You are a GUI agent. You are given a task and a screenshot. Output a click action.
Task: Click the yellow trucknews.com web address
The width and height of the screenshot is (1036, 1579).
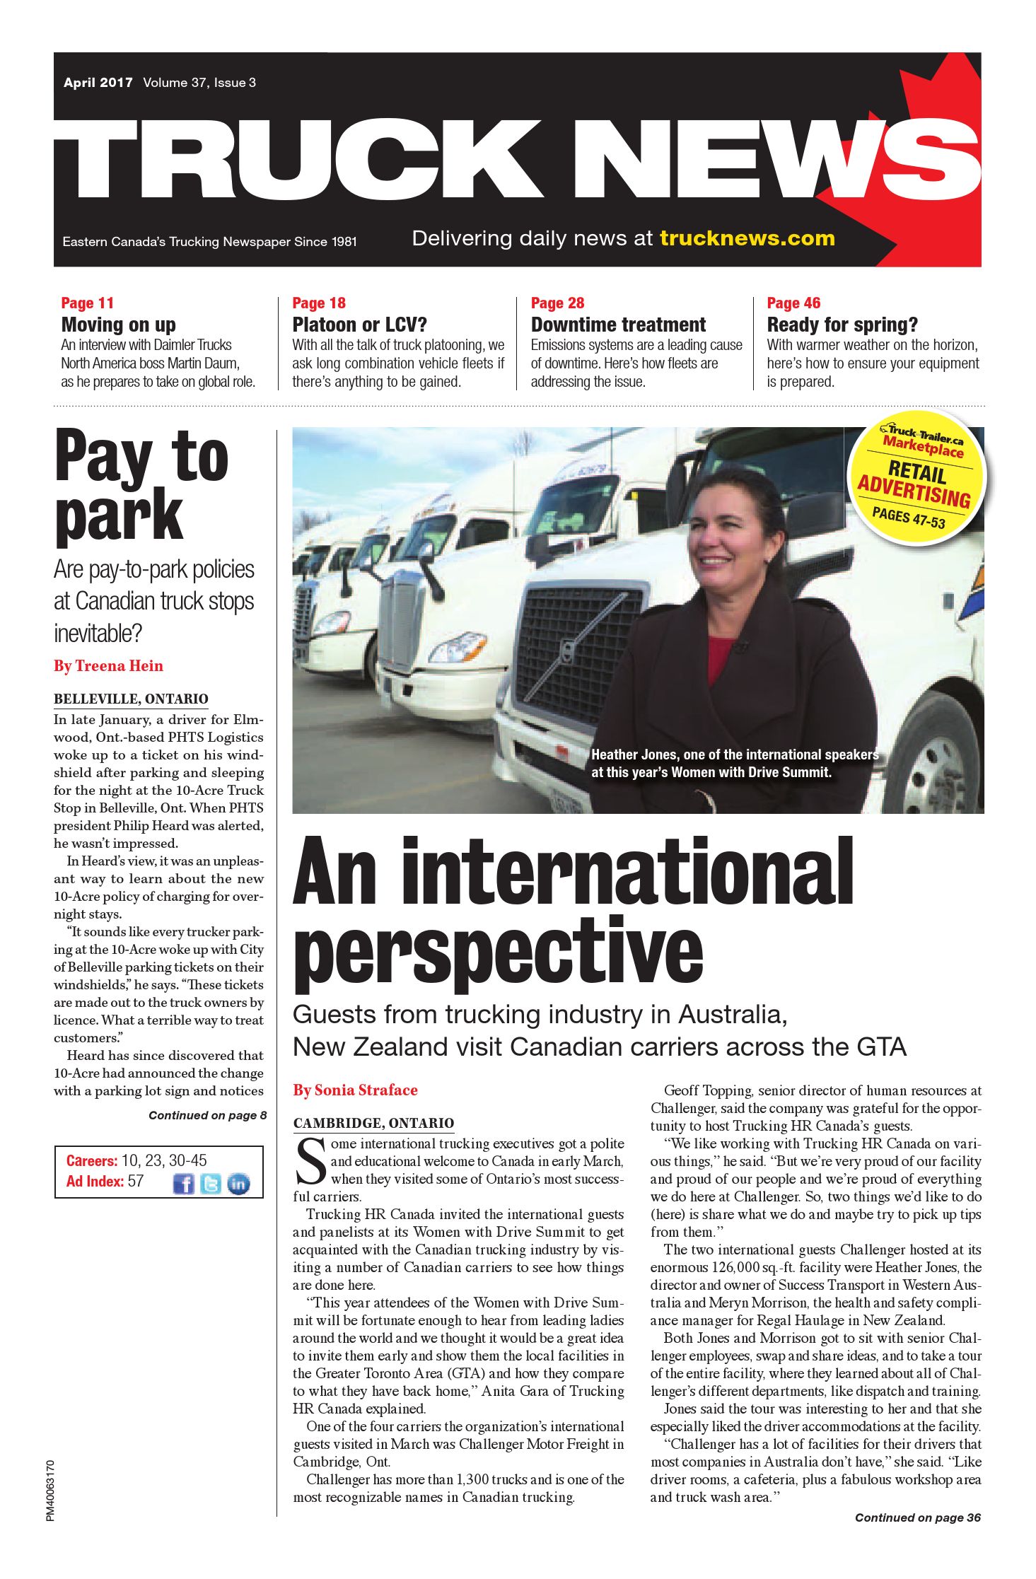(x=747, y=238)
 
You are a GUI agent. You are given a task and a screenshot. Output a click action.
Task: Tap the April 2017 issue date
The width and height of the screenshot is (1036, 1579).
(x=98, y=83)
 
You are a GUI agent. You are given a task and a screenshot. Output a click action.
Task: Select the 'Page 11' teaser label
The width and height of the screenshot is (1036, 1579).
(x=88, y=303)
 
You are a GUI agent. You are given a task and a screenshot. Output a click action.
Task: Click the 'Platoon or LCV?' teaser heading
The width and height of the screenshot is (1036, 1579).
(x=360, y=325)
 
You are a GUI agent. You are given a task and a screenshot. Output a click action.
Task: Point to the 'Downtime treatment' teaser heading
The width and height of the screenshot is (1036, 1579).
(x=618, y=325)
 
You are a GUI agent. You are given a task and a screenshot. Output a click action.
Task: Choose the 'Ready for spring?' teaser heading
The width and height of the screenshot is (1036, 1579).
(x=842, y=325)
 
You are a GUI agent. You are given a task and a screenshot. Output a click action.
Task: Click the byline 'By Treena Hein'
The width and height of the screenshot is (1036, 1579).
(x=108, y=665)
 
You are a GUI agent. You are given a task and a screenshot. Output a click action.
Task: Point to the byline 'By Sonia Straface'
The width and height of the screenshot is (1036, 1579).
(x=355, y=1090)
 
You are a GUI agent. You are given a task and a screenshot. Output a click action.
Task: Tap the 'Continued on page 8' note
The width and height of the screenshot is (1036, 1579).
(x=207, y=1115)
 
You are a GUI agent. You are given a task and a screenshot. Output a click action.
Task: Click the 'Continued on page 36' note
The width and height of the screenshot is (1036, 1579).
(x=917, y=1517)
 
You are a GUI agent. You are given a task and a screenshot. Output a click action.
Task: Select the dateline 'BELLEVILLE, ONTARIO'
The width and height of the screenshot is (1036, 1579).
(x=131, y=699)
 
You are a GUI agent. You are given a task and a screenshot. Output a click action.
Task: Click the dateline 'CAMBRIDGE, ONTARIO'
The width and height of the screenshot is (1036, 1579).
(x=373, y=1123)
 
